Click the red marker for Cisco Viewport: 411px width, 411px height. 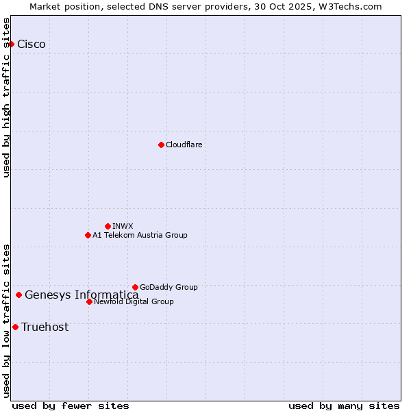click(x=11, y=44)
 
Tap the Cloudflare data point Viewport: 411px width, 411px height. click(x=161, y=145)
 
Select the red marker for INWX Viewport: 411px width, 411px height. click(x=108, y=226)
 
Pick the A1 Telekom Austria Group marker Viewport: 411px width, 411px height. click(x=88, y=235)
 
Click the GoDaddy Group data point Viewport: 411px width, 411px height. click(x=135, y=287)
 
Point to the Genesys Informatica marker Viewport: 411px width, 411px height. click(x=18, y=295)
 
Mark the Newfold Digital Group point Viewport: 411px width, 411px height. click(x=89, y=301)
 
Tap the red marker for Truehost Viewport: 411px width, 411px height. click(x=15, y=327)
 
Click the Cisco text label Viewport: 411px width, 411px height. click(x=32, y=45)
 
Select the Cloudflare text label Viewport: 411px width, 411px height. click(x=184, y=145)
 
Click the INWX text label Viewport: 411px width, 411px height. click(x=123, y=226)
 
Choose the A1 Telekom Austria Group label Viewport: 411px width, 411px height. click(x=140, y=235)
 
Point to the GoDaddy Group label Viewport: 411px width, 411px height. click(x=169, y=287)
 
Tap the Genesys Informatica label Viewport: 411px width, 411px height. click(x=82, y=295)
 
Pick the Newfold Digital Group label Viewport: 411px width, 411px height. click(x=134, y=301)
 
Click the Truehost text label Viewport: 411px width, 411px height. click(x=45, y=327)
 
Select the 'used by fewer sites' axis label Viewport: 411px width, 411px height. click(x=71, y=406)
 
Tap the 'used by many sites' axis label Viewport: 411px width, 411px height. click(x=344, y=406)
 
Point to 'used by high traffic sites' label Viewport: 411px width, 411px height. click(x=7, y=97)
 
